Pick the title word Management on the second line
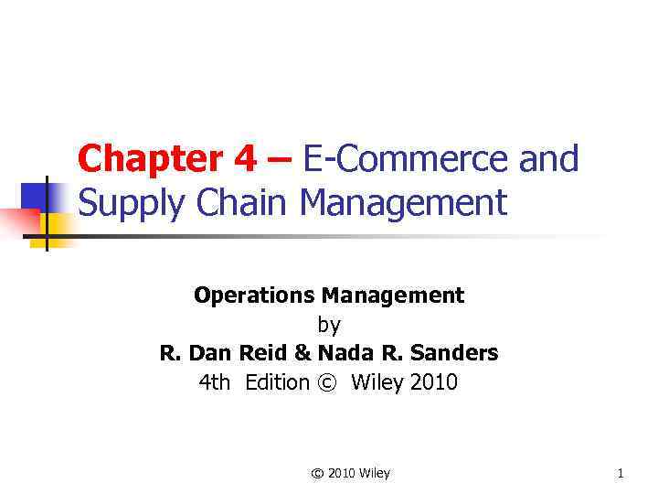403,202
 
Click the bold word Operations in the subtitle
253,295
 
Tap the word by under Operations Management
328,324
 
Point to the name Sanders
456,353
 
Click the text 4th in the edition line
215,382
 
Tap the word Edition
277,382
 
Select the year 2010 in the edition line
434,382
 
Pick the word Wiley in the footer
373,473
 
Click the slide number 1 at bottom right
621,473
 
